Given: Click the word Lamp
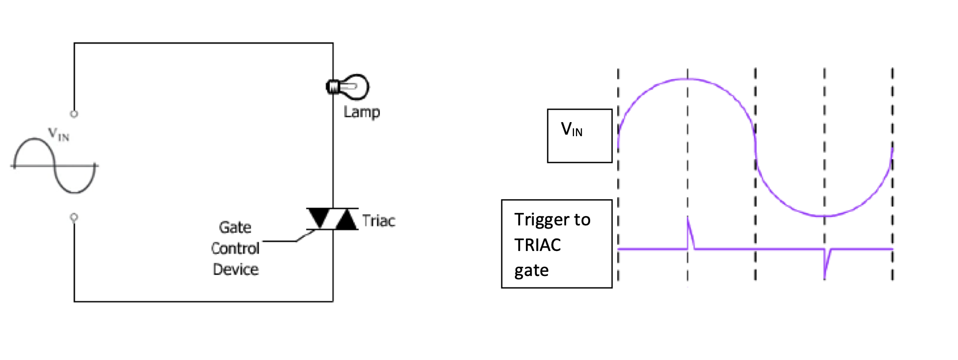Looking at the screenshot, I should coord(362,112).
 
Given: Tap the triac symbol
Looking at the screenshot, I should coord(332,219).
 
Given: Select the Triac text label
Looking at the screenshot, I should coord(379,221).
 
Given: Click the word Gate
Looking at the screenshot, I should coord(235,227).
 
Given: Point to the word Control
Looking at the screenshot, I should coord(235,248).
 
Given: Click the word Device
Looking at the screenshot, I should coord(235,270).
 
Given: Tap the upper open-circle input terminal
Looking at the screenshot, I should coord(74,114).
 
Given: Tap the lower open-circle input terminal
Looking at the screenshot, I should coord(74,217).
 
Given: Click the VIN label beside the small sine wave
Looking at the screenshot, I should coord(58,135).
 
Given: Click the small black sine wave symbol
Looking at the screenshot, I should coord(55,166).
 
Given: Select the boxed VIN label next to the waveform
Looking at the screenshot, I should coord(572,129).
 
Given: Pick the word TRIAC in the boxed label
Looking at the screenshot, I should coord(537,245).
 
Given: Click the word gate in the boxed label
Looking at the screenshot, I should coord(531,270).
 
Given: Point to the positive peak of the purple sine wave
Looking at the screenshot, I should coord(687,79).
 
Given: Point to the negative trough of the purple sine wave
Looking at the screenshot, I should coord(824,215).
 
